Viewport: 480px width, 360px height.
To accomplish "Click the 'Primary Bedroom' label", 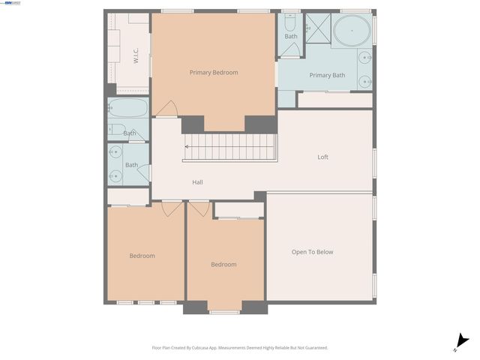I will click(214, 73).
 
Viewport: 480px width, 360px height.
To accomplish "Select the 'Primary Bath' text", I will click(327, 75).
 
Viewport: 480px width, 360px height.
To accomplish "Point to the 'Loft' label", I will click(322, 157).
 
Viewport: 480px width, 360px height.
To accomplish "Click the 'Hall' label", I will click(197, 182).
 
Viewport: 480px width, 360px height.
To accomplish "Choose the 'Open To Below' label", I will click(312, 252).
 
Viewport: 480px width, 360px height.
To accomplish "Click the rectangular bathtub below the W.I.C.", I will click(128, 108).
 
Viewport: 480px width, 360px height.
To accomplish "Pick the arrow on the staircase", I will click(187, 147).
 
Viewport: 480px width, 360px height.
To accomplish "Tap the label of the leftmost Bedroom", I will click(142, 256).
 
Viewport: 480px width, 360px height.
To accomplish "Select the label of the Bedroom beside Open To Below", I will click(223, 264).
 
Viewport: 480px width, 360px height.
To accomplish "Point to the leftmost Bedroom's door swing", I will click(172, 208).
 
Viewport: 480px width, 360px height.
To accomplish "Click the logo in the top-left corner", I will click(10, 3).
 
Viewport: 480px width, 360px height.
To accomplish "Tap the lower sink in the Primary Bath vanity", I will click(365, 80).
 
